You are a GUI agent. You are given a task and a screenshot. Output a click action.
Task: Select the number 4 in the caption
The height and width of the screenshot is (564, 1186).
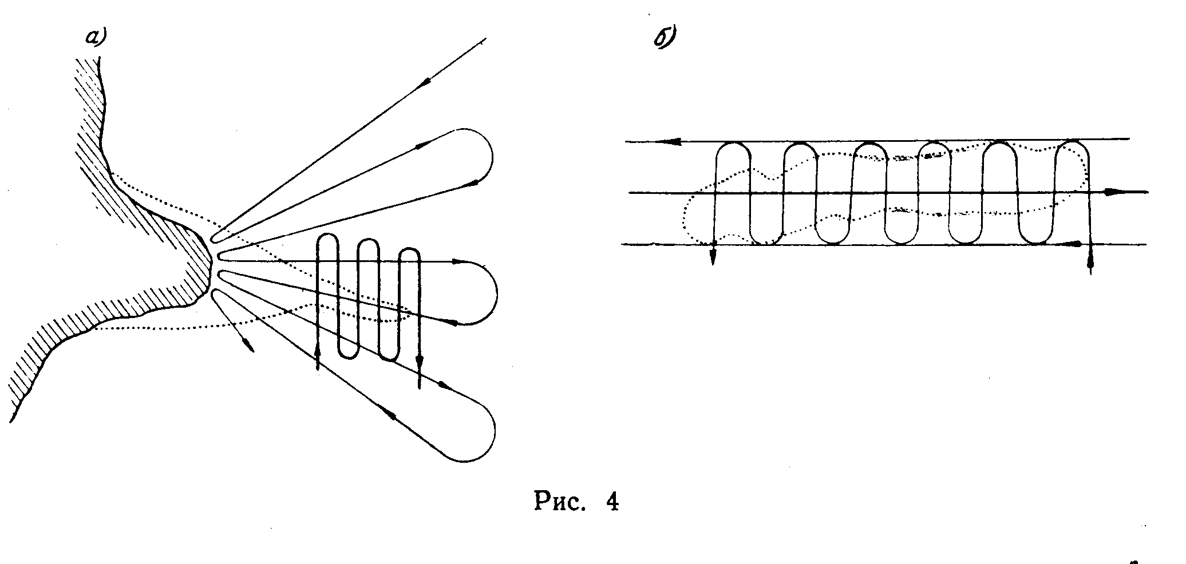tap(611, 503)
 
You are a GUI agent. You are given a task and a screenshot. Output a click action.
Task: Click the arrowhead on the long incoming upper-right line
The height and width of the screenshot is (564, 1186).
tap(424, 83)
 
